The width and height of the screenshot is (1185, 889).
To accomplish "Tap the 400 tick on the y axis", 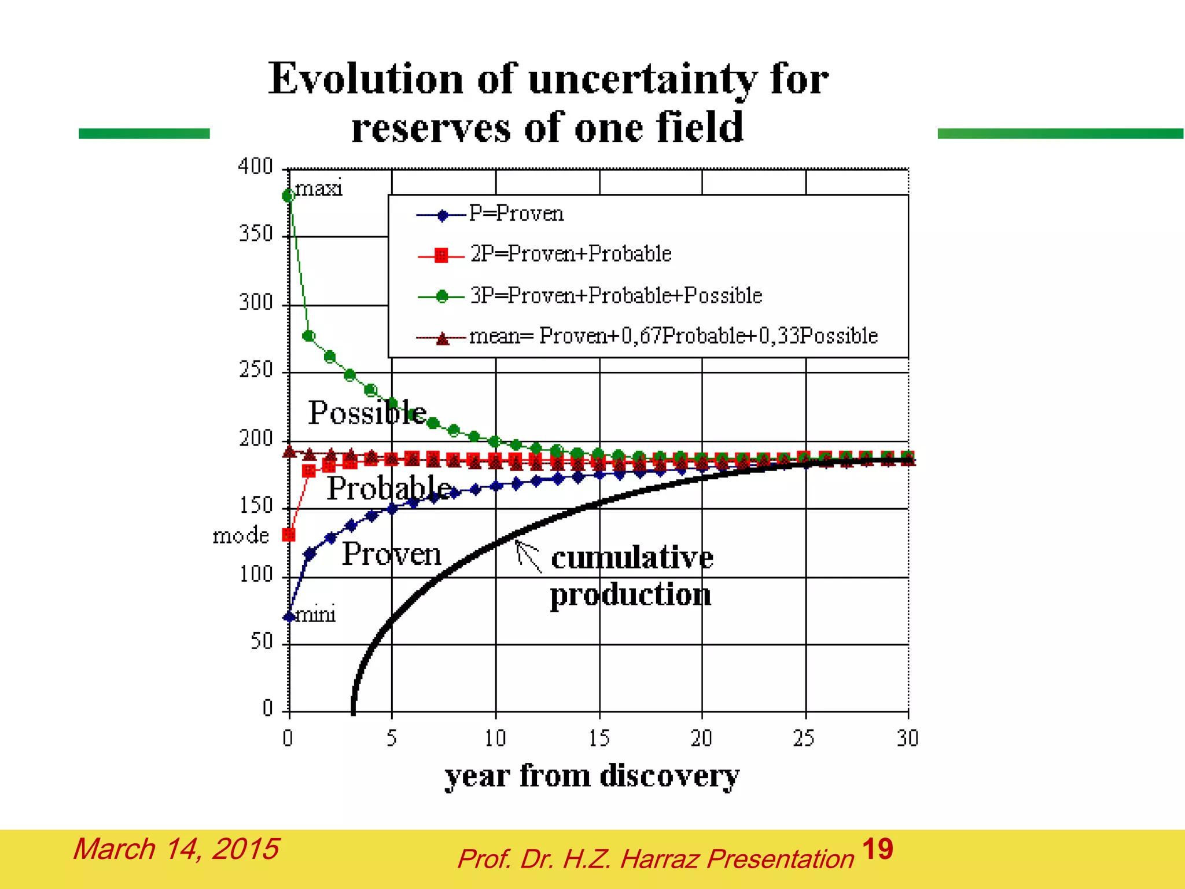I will [255, 167].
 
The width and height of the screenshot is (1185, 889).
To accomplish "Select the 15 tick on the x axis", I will [599, 739].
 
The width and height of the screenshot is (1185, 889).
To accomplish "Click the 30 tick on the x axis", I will [907, 739].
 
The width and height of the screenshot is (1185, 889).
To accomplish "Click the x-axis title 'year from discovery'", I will [591, 776].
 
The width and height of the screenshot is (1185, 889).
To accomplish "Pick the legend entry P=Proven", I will [516, 214].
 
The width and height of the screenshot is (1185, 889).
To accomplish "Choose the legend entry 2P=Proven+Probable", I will [570, 254].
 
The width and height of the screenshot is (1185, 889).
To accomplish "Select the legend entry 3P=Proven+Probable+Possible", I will [615, 296].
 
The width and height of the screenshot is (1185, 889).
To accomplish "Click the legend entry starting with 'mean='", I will [673, 336].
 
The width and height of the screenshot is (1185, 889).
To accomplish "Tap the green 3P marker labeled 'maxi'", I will [288, 196].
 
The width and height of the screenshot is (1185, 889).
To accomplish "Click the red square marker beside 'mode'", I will [289, 535].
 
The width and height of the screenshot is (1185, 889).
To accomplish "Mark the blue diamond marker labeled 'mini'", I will [289, 617].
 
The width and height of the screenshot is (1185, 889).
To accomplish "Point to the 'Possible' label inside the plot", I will [367, 413].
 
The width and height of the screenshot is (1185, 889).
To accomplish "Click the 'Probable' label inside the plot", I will [389, 488].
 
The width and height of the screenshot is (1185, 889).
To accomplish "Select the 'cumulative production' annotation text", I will [631, 576].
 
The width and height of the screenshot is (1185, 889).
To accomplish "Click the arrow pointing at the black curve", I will [528, 556].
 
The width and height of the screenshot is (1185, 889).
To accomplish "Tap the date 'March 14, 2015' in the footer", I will [176, 849].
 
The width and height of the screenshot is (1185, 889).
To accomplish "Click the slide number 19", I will [877, 850].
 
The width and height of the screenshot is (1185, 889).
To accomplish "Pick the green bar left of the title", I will [144, 134].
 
